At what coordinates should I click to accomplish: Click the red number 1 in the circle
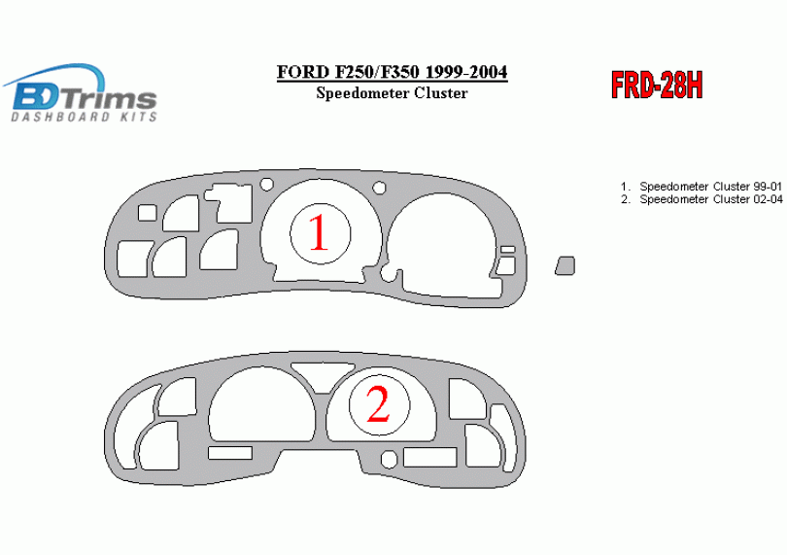click(319, 232)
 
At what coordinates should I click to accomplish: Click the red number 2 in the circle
click(379, 404)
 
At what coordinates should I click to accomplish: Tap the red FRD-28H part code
click(657, 85)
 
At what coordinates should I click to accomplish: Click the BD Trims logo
click(82, 93)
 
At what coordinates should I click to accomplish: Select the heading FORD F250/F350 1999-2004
click(392, 72)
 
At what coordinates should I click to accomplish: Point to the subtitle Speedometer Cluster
click(392, 93)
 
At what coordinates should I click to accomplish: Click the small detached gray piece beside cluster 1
click(565, 265)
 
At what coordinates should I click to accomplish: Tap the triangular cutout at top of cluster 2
click(323, 376)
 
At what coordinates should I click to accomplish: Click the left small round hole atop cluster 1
click(267, 185)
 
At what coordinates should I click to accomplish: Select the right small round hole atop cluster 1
click(380, 189)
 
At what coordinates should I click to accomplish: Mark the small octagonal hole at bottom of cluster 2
click(389, 460)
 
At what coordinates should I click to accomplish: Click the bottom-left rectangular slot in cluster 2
click(230, 453)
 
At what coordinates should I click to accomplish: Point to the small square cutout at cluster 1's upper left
click(147, 213)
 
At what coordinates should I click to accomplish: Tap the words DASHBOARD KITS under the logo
click(85, 117)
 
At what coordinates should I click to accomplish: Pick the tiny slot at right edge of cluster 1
click(508, 249)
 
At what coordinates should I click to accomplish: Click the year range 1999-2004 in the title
click(466, 72)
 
